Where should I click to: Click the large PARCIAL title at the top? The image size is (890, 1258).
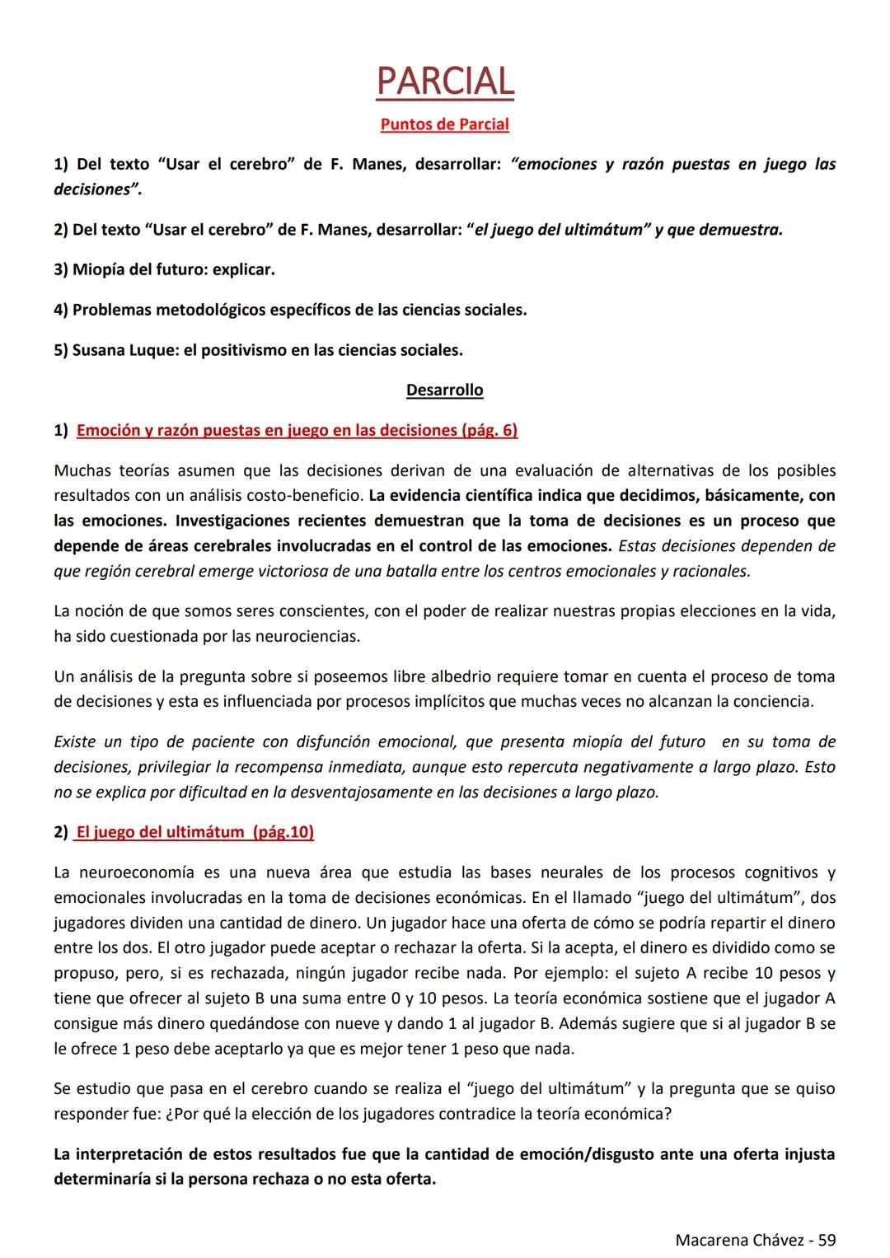pyautogui.click(x=445, y=81)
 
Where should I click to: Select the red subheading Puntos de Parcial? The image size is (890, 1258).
pyautogui.click(x=445, y=124)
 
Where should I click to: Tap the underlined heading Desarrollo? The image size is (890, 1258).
pyautogui.click(x=445, y=390)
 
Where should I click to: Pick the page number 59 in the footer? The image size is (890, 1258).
pyautogui.click(x=827, y=1239)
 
